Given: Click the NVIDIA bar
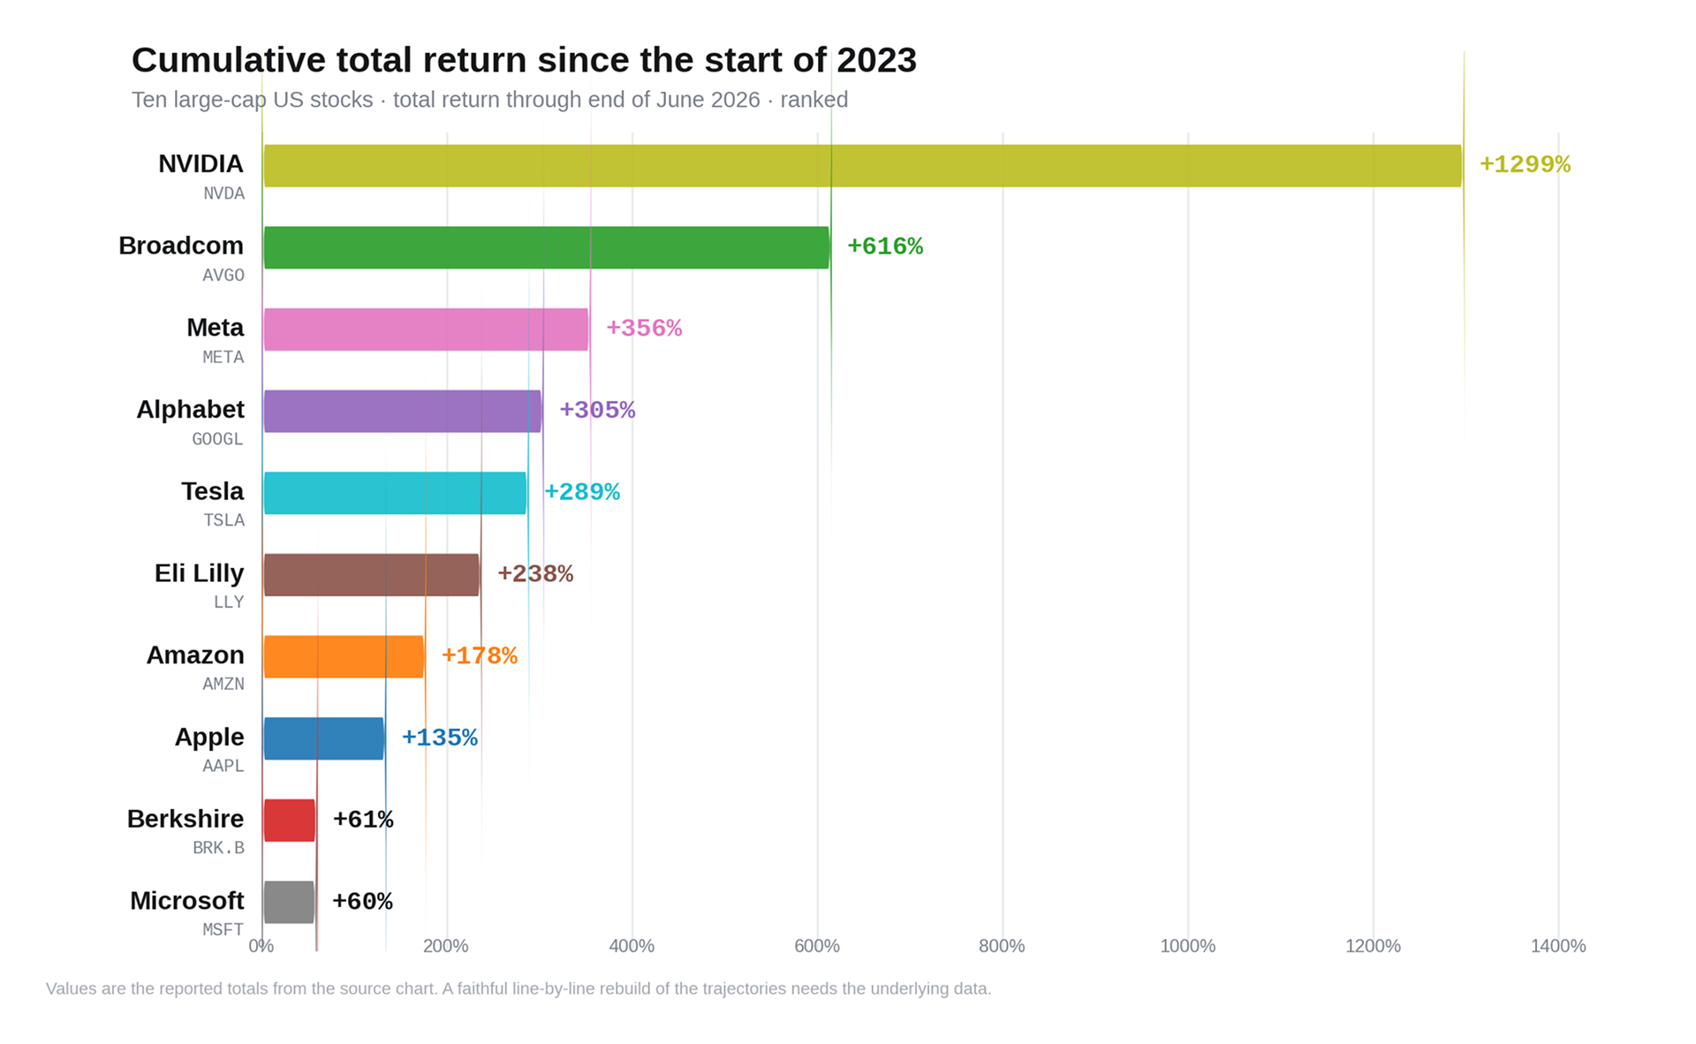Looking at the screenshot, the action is click(x=863, y=165).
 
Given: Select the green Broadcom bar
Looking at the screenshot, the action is click(x=547, y=247).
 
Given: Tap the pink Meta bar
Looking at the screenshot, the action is click(x=426, y=329).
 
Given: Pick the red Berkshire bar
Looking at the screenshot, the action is click(x=290, y=821).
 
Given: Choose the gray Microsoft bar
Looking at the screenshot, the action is click(x=289, y=902).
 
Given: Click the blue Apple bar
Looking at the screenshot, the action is click(x=324, y=738).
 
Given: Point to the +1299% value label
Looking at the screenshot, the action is click(x=1525, y=164).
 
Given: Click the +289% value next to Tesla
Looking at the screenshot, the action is click(x=582, y=492).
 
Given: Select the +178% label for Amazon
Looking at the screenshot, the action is click(x=480, y=655).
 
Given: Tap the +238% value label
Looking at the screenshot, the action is click(x=535, y=574).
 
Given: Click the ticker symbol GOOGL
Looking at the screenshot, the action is click(x=217, y=439).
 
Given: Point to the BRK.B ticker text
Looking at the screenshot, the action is click(x=218, y=848).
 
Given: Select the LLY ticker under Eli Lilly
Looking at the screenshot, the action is click(x=229, y=602).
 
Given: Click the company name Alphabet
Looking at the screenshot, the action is click(x=190, y=409).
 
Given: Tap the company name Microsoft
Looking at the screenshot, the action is click(x=187, y=900).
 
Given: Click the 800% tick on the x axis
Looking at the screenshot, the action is click(x=1002, y=946).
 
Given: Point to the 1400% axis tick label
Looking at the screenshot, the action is click(x=1558, y=946).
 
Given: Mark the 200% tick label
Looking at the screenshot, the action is click(x=446, y=946).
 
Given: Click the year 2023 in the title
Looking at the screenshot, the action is click(x=876, y=60).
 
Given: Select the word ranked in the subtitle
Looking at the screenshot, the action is click(x=814, y=100).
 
